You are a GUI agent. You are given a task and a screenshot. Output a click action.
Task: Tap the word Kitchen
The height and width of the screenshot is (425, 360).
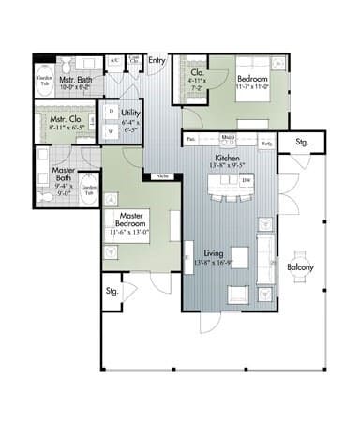pyautogui.click(x=229, y=159)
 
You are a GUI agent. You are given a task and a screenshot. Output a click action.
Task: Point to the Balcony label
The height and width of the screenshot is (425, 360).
pyautogui.click(x=301, y=267)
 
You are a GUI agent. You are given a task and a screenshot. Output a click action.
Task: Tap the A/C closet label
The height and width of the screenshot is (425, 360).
pyautogui.click(x=113, y=60)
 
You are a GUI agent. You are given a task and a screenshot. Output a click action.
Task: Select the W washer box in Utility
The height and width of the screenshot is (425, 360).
pyautogui.click(x=112, y=132)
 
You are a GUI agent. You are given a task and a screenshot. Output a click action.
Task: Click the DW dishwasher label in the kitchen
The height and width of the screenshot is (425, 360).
pyautogui.click(x=246, y=179)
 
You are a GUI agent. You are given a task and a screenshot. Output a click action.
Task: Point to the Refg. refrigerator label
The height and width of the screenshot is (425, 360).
pyautogui.click(x=267, y=143)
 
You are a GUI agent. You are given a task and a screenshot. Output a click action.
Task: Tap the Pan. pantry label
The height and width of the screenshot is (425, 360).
pyautogui.click(x=190, y=140)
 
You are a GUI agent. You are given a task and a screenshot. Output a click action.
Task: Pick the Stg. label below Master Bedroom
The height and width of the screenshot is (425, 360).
pyautogui.click(x=112, y=290)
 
